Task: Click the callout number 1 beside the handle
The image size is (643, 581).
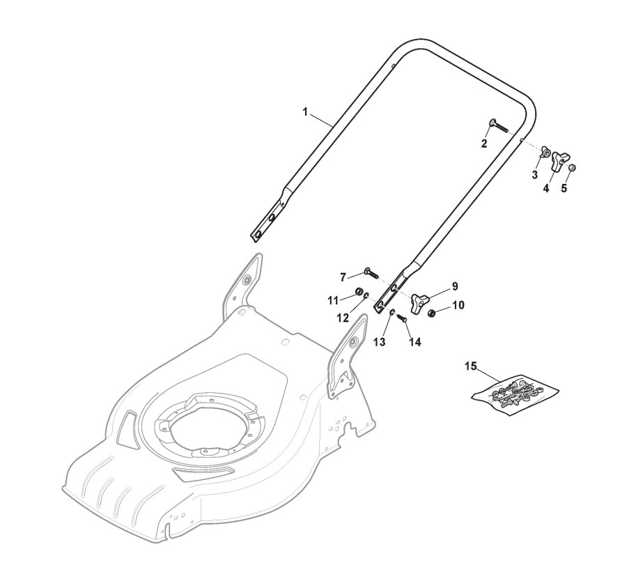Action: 305,112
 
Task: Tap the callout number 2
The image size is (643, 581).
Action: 484,144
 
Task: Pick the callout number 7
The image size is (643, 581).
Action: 343,277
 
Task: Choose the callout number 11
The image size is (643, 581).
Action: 333,300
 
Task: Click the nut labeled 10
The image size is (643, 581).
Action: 433,312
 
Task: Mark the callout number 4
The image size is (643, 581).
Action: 546,188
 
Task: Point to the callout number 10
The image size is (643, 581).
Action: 458,304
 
